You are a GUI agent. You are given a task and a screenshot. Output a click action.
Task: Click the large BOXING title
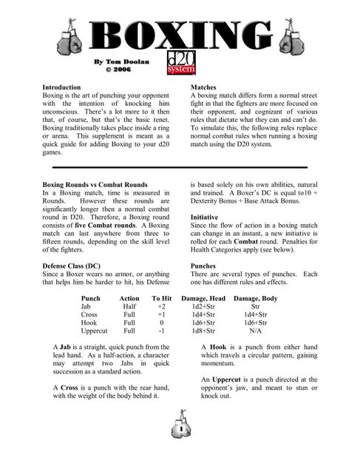point(180,36)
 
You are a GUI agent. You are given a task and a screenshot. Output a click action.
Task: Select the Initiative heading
point(206,217)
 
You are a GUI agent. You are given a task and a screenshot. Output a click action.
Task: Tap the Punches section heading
point(203,264)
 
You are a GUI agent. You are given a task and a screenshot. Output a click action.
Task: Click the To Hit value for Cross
point(161,314)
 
